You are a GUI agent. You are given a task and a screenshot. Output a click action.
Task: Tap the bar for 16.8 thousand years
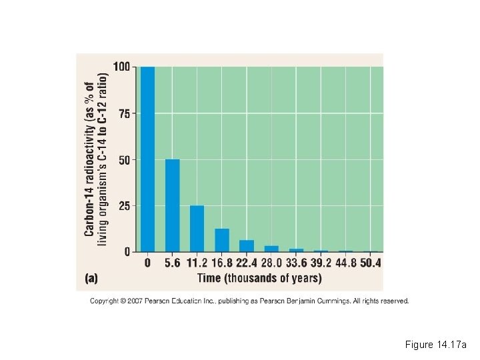(221, 240)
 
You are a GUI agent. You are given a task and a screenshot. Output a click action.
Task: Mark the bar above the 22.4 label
(247, 245)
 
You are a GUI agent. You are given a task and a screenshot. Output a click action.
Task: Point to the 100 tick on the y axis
(121, 67)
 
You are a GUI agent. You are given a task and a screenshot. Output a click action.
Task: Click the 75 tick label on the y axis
(124, 113)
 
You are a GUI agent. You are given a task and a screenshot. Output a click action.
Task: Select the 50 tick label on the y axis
(124, 160)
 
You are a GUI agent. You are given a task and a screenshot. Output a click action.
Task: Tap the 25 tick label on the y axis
(124, 206)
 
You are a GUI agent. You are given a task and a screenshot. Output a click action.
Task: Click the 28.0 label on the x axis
(271, 263)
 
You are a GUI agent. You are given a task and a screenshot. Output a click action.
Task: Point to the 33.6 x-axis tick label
(296, 263)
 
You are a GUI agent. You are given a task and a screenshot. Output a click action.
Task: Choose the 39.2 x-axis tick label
(321, 263)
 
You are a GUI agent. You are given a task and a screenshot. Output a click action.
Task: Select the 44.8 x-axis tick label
(345, 263)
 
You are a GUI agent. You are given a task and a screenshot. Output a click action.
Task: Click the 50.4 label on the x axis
(371, 263)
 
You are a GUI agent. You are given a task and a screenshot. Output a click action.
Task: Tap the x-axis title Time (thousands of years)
(259, 277)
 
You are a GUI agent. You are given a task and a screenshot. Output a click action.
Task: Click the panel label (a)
(95, 277)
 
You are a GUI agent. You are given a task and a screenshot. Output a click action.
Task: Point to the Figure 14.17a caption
(436, 345)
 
